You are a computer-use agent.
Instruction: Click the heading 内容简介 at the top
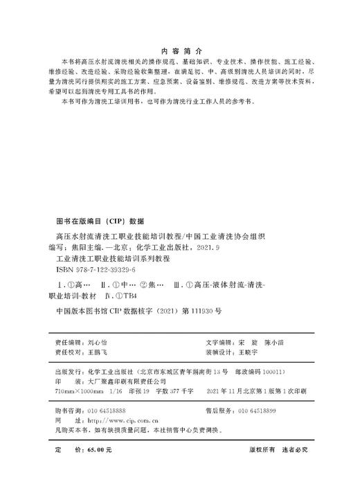179,51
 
